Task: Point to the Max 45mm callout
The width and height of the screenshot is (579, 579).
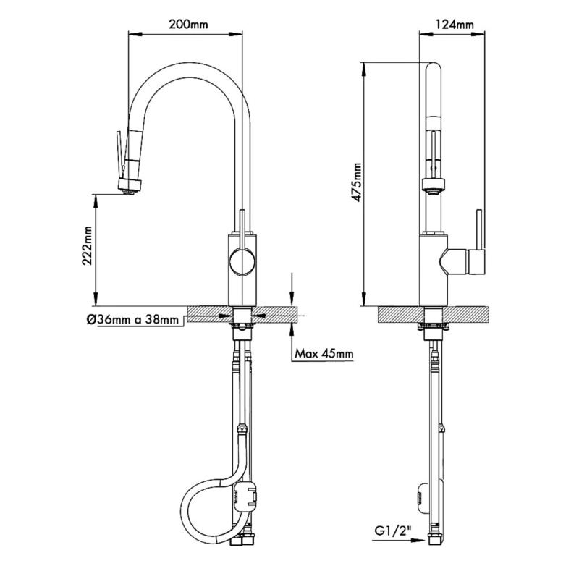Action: point(324,354)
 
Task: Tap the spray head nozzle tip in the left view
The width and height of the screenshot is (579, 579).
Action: point(128,191)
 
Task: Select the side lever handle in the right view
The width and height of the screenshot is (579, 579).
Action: point(478,239)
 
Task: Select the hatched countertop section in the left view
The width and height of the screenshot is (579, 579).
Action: point(210,312)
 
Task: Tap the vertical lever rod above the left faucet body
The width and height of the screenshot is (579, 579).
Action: point(242,221)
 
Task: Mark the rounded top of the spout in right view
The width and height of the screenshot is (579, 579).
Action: point(433,69)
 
